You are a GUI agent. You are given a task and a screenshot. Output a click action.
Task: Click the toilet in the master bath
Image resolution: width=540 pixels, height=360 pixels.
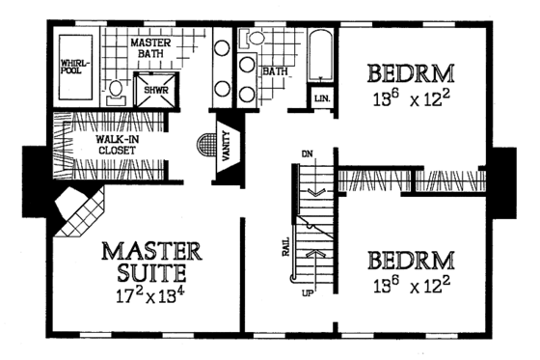(116, 91)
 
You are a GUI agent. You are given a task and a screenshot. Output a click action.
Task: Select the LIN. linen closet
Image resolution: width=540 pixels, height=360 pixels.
(320, 97)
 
